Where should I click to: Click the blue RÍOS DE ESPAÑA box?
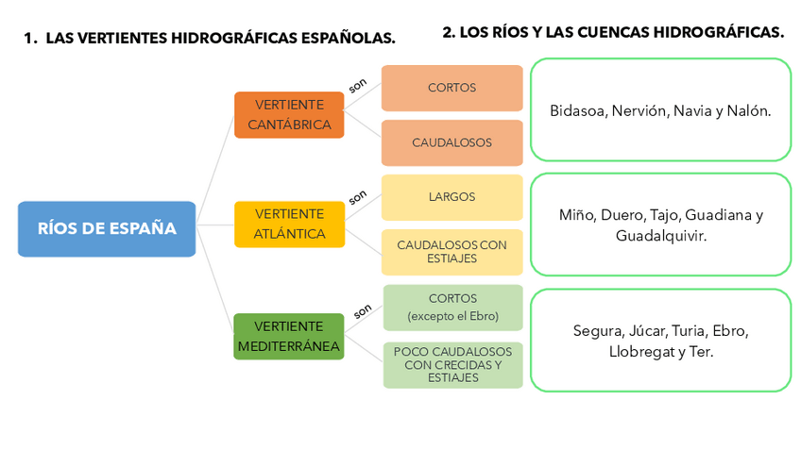pyautogui.click(x=107, y=228)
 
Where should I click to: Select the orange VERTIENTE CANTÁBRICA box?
pyautogui.click(x=289, y=115)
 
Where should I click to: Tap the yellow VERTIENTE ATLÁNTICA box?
pyautogui.click(x=289, y=224)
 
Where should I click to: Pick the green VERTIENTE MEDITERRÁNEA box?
pyautogui.click(x=289, y=336)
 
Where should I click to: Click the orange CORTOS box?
pyautogui.click(x=452, y=88)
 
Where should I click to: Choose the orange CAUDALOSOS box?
pyautogui.click(x=452, y=142)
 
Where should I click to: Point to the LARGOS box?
pyautogui.click(x=452, y=197)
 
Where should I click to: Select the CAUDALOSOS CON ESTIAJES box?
pyautogui.click(x=452, y=251)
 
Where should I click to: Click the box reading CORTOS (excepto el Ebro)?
pyautogui.click(x=452, y=308)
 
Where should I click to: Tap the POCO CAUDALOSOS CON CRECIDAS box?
pyautogui.click(x=452, y=364)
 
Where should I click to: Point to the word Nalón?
pyautogui.click(x=751, y=110)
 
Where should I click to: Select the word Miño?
pyautogui.click(x=575, y=214)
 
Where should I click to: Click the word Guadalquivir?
pyautogui.click(x=660, y=235)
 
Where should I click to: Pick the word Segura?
pyautogui.click(x=596, y=331)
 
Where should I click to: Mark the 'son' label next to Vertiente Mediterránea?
pyautogui.click(x=363, y=309)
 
